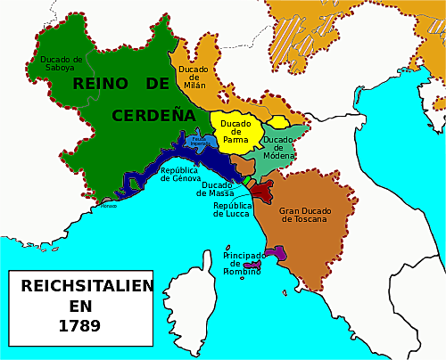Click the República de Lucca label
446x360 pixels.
click(232, 209)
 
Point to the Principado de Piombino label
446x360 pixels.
click(243, 262)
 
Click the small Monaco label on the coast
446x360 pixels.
click(108, 206)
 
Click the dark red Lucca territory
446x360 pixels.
click(261, 190)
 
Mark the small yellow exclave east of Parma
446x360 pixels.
click(278, 122)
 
